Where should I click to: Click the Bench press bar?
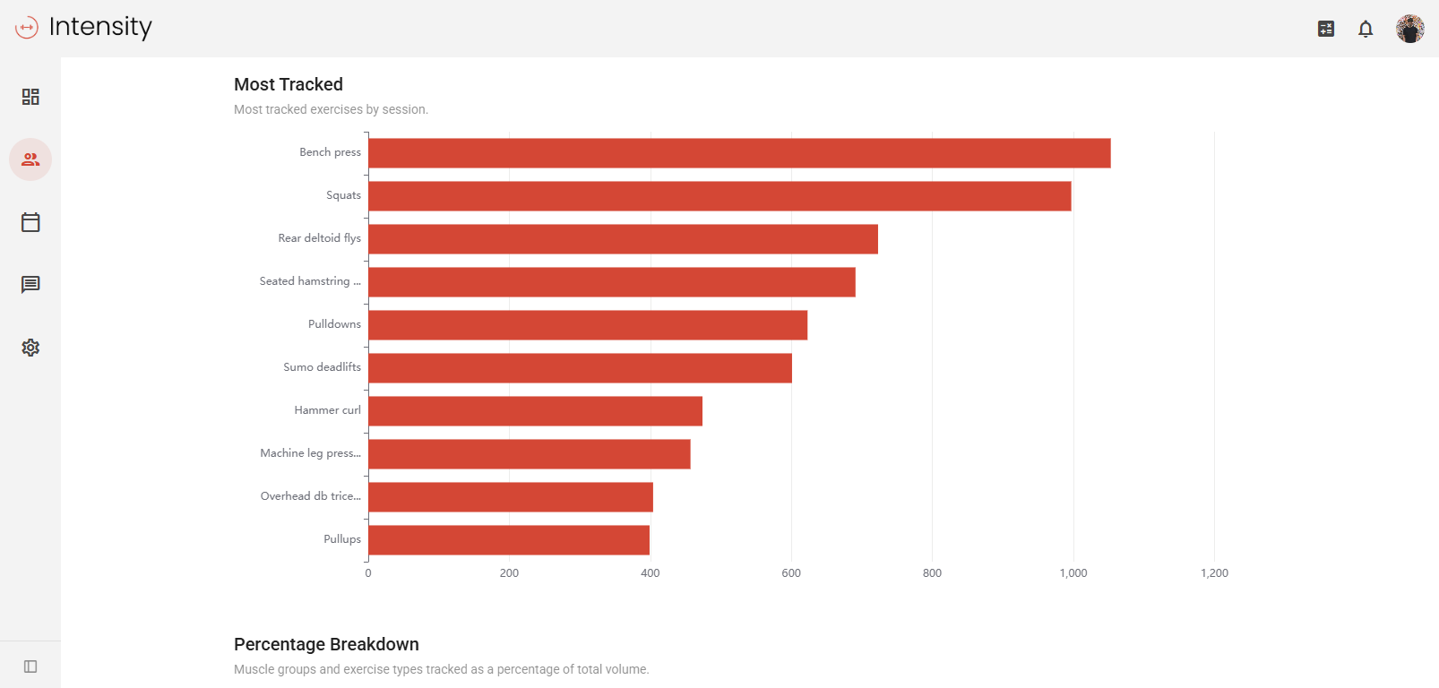tap(739, 153)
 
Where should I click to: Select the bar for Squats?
tap(719, 196)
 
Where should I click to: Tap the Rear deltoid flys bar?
tap(623, 239)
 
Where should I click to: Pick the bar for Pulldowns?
tap(588, 325)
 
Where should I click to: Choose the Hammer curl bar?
tap(535, 411)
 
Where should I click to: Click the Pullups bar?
tap(509, 540)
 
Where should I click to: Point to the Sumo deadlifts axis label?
tap(322, 367)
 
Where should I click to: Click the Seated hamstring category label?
tap(310, 281)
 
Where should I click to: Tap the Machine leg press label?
tap(310, 453)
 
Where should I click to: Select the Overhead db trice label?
tap(310, 496)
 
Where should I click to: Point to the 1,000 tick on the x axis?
tap(1073, 573)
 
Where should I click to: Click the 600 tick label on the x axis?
tap(791, 573)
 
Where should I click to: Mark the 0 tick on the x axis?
tap(368, 573)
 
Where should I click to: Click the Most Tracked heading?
tap(289, 84)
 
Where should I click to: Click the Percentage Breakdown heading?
tap(326, 644)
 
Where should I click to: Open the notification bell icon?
tap(1366, 29)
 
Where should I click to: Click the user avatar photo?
tap(1409, 29)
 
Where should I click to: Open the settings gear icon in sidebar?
tap(30, 348)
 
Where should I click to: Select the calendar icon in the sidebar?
tap(30, 222)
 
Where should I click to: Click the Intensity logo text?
tap(100, 27)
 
